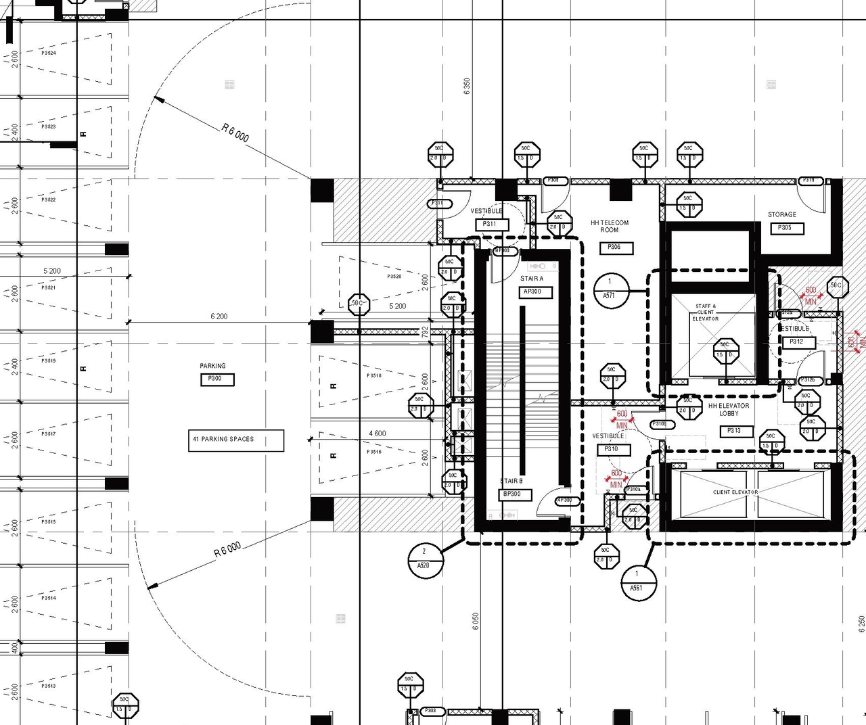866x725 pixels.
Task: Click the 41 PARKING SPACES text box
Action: [x=235, y=440]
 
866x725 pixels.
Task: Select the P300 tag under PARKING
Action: [x=217, y=379]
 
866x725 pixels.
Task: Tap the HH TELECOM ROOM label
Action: [x=610, y=226]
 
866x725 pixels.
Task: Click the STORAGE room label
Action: [x=782, y=214]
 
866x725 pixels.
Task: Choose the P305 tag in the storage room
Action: [x=787, y=229]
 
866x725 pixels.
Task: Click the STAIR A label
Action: [x=532, y=279]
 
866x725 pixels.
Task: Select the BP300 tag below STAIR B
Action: [x=512, y=494]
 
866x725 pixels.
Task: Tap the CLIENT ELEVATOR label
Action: [x=735, y=492]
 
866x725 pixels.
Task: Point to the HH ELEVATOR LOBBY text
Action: [x=729, y=410]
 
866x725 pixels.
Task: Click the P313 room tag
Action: [x=735, y=431]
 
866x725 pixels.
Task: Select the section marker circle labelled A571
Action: [x=610, y=289]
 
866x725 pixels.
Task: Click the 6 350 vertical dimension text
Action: [x=467, y=87]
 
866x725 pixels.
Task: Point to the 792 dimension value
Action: [x=425, y=331]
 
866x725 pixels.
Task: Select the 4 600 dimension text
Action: [x=378, y=434]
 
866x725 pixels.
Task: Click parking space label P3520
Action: [x=394, y=277]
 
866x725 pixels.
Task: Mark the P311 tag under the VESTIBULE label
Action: [x=490, y=224]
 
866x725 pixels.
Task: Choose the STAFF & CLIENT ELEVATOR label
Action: [x=706, y=312]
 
